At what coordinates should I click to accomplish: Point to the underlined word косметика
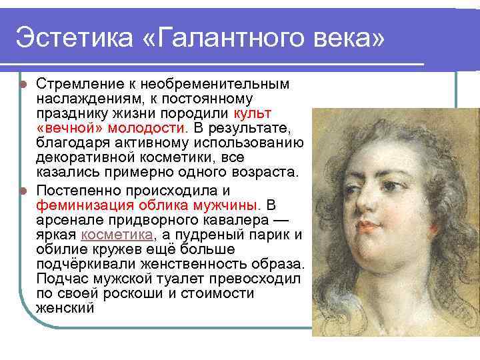pos(117,235)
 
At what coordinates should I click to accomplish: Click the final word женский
pos(65,309)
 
